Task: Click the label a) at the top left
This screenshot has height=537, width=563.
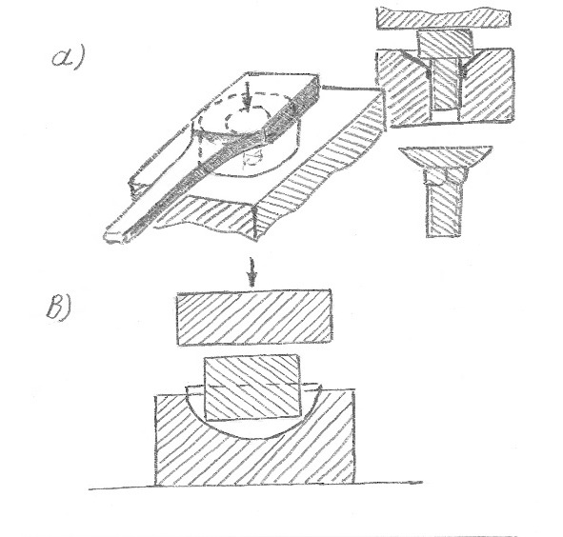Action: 68,58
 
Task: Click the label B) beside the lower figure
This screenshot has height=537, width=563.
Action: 59,307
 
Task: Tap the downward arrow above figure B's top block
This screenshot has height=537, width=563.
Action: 252,272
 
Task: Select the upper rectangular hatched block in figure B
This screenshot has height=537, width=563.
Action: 254,317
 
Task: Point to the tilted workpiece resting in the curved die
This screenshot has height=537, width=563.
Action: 252,388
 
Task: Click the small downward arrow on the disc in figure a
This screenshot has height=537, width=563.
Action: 247,94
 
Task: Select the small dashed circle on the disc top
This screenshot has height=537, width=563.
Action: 246,118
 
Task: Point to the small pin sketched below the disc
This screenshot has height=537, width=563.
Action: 252,159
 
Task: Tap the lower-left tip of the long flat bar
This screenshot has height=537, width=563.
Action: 107,238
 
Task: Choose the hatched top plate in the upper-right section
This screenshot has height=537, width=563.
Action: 444,18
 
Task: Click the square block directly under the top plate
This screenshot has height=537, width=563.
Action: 445,44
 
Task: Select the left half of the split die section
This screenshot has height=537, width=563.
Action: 405,88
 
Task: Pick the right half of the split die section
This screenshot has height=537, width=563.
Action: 487,86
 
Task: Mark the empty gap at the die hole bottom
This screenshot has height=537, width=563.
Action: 445,115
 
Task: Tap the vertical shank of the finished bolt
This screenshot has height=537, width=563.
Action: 444,209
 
